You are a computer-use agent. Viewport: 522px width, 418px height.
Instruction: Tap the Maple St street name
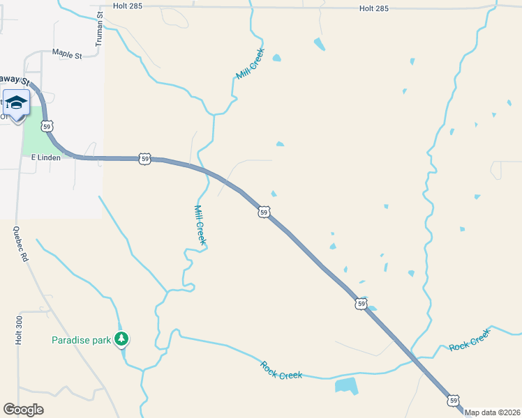[67, 53]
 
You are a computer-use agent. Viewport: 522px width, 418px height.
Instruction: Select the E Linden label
[45, 157]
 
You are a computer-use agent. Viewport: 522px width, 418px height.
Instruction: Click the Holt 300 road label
[20, 327]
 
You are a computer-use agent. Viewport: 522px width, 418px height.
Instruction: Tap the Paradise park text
[82, 340]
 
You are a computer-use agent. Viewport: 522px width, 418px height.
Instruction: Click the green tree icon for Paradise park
[123, 339]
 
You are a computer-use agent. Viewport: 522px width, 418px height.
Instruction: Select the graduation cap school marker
[16, 104]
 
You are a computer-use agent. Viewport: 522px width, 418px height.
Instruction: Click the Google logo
[23, 409]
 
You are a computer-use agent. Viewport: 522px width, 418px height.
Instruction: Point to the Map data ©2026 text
[493, 412]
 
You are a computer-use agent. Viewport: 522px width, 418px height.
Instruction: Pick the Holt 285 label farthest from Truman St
[373, 8]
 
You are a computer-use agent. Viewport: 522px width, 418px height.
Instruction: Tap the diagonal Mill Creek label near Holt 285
[251, 63]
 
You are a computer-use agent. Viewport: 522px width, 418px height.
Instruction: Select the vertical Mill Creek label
[200, 224]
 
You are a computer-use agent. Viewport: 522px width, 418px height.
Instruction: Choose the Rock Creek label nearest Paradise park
[281, 370]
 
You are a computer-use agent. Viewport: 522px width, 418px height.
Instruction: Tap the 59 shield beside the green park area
[47, 127]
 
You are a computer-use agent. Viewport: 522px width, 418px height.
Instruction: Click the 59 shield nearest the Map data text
[454, 400]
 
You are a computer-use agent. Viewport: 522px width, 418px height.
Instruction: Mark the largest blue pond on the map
[346, 385]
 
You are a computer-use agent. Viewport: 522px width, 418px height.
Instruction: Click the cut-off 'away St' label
[17, 79]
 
